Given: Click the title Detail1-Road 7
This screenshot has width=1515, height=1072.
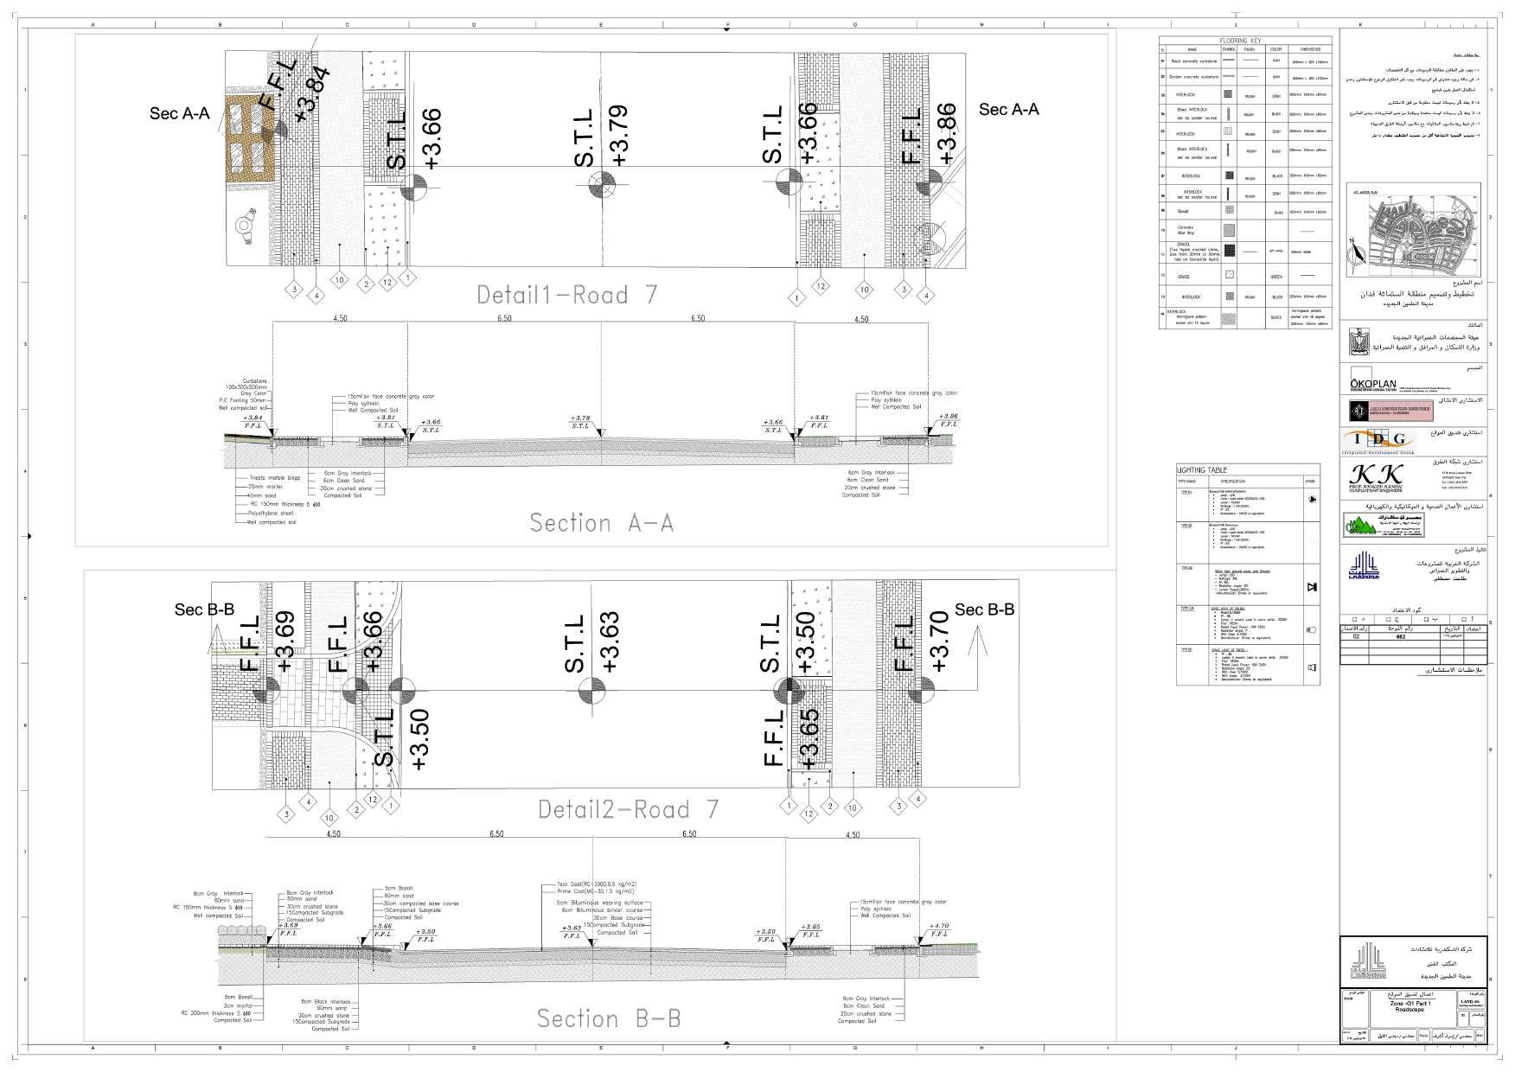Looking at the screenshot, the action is pyautogui.click(x=566, y=295).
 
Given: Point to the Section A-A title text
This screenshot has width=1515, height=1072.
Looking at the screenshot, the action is pyautogui.click(x=601, y=523).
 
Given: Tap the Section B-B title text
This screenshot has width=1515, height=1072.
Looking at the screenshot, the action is pyautogui.click(x=609, y=1018).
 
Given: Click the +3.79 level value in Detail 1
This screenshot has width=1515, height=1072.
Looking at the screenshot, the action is pyautogui.click(x=619, y=136).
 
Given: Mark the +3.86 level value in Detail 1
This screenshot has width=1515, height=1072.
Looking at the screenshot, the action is pyautogui.click(x=946, y=133).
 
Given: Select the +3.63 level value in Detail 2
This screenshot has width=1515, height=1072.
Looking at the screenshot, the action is pyautogui.click(x=610, y=642).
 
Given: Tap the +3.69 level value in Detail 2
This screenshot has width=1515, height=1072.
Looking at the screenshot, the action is pyautogui.click(x=285, y=641).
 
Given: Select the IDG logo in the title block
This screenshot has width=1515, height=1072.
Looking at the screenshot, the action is pyautogui.click(x=1379, y=439).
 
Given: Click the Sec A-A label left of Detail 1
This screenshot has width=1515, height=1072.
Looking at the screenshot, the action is pyautogui.click(x=180, y=112).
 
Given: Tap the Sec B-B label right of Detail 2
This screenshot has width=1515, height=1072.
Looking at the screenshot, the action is pyautogui.click(x=984, y=610).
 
